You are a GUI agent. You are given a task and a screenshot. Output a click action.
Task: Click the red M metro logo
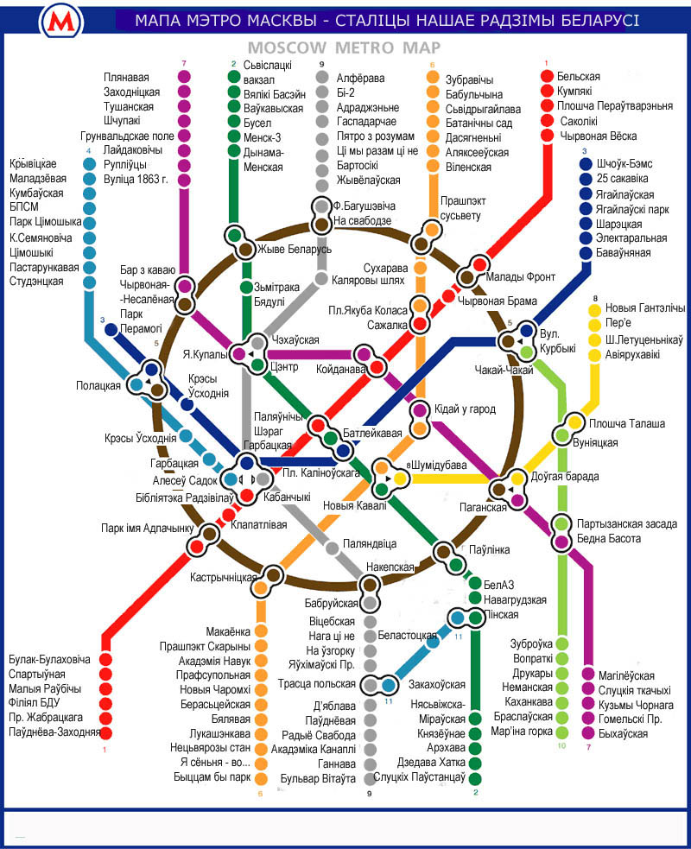[60, 22]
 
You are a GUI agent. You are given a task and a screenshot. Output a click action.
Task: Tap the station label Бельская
[579, 76]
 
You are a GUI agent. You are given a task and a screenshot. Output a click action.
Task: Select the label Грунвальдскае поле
[127, 136]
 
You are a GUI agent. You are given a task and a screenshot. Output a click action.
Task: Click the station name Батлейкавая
[372, 434]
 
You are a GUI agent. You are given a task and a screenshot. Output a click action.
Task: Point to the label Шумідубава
[439, 465]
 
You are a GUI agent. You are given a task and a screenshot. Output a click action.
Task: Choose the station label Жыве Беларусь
[294, 249]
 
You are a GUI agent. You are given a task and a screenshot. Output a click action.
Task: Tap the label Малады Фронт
[521, 276]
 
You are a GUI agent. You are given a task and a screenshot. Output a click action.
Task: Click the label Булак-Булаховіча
[49, 660]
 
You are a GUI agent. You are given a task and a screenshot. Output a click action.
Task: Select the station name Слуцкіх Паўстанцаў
[419, 777]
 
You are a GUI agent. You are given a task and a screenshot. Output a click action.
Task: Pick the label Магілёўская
[626, 675]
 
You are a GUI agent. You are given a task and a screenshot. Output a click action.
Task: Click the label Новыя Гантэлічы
[645, 307]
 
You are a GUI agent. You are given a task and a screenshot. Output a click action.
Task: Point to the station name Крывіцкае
[33, 163]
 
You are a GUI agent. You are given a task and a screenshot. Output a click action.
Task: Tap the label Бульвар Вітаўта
[318, 779]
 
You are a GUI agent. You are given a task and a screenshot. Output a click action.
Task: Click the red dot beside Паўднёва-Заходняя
[105, 732]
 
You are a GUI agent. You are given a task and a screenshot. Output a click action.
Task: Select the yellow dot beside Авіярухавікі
[595, 355]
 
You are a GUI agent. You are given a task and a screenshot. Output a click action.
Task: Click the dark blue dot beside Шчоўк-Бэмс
[586, 163]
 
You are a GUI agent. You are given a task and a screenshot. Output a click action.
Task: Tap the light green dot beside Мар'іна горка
[562, 732]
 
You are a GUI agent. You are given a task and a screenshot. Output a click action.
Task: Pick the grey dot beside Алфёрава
[322, 77]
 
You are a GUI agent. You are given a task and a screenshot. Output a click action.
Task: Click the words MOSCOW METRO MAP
[344, 48]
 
